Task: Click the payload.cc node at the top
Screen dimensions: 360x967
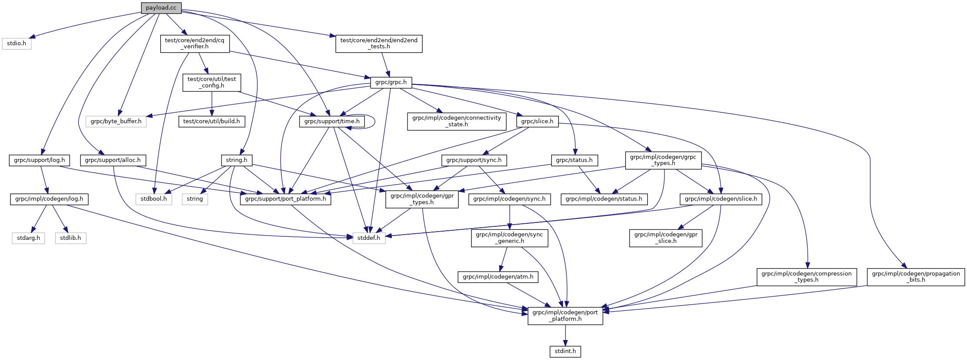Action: pyautogui.click(x=161, y=8)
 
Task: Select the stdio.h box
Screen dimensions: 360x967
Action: pyautogui.click(x=17, y=44)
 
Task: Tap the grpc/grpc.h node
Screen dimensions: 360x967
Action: pyautogui.click(x=391, y=82)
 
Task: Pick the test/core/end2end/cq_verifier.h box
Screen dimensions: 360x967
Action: pyautogui.click(x=195, y=44)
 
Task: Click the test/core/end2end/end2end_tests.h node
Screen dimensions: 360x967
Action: pyautogui.click(x=379, y=44)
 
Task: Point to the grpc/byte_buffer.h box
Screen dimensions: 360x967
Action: pyautogui.click(x=116, y=121)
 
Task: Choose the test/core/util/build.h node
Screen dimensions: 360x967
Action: pyautogui.click(x=212, y=121)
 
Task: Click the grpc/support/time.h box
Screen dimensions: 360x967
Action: pyautogui.click(x=332, y=121)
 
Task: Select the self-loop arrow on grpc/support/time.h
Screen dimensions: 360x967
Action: pyautogui.click(x=374, y=121)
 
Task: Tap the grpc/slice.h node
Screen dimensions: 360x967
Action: pyautogui.click(x=537, y=121)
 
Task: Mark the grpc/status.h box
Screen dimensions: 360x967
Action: pyautogui.click(x=574, y=160)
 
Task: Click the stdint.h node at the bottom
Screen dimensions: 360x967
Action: pyautogui.click(x=565, y=351)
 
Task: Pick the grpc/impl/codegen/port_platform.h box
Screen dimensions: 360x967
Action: pyautogui.click(x=565, y=316)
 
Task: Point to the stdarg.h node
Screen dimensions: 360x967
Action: pyautogui.click(x=28, y=238)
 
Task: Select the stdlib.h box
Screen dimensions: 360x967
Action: pyautogui.click(x=71, y=238)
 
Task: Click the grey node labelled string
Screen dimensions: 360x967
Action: pyautogui.click(x=195, y=199)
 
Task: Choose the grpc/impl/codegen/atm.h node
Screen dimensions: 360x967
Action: pyautogui.click(x=498, y=277)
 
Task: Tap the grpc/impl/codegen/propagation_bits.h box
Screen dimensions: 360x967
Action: pyautogui.click(x=916, y=277)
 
